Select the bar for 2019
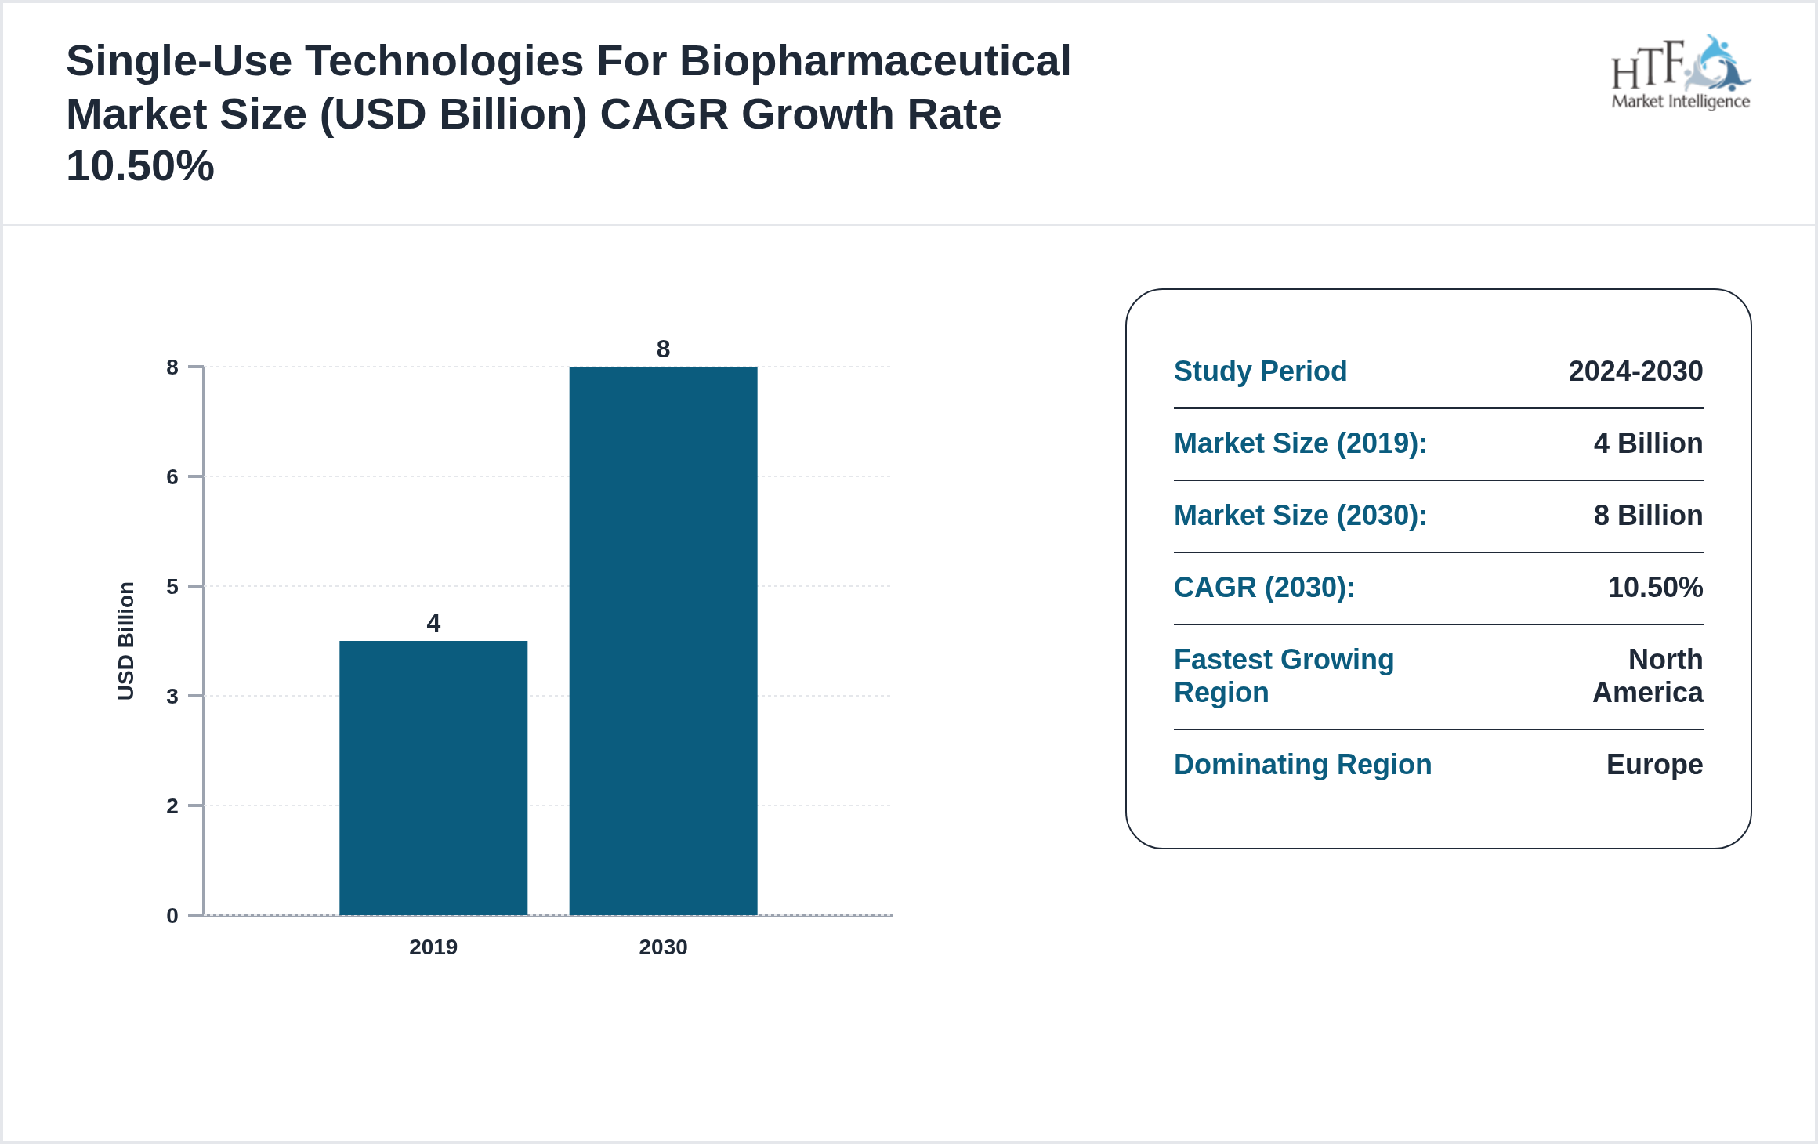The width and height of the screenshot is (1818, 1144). coord(433,777)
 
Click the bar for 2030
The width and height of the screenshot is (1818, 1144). coord(663,640)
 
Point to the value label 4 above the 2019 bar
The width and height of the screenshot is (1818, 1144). coord(433,623)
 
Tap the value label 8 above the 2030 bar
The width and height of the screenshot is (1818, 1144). coord(663,349)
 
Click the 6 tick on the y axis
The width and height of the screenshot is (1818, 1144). coord(172,477)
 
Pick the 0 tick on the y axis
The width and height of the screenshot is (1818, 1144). coord(172,915)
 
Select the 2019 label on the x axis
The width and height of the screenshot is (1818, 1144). coord(433,947)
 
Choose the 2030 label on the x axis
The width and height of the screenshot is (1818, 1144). coord(663,947)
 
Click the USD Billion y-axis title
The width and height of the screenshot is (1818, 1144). coord(126,640)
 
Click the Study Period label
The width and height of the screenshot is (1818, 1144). coord(1260,371)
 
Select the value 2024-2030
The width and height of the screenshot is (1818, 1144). coord(1635,371)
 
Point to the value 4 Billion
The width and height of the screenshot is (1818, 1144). coord(1648,443)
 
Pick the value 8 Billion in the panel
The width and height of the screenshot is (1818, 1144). coord(1648,516)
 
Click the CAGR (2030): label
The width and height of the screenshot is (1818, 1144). coord(1264,588)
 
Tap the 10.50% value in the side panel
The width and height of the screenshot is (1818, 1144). coord(1655,588)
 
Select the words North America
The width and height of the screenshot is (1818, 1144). coord(1649,676)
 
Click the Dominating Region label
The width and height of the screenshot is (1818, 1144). coord(1302,765)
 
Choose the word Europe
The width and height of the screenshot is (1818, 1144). coord(1654,765)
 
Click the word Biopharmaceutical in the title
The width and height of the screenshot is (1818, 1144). coord(875,61)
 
